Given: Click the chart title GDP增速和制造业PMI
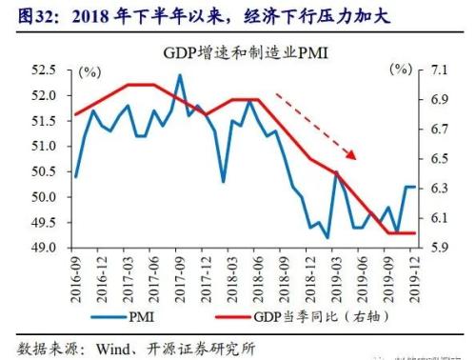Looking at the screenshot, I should click(x=238, y=52).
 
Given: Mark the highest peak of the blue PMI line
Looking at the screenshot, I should click(x=180, y=74).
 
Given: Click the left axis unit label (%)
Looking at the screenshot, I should click(x=89, y=71).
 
